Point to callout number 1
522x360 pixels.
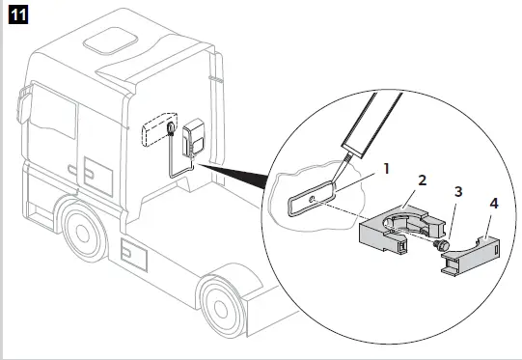pyautogui.click(x=386, y=167)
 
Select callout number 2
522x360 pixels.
pyautogui.click(x=422, y=180)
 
